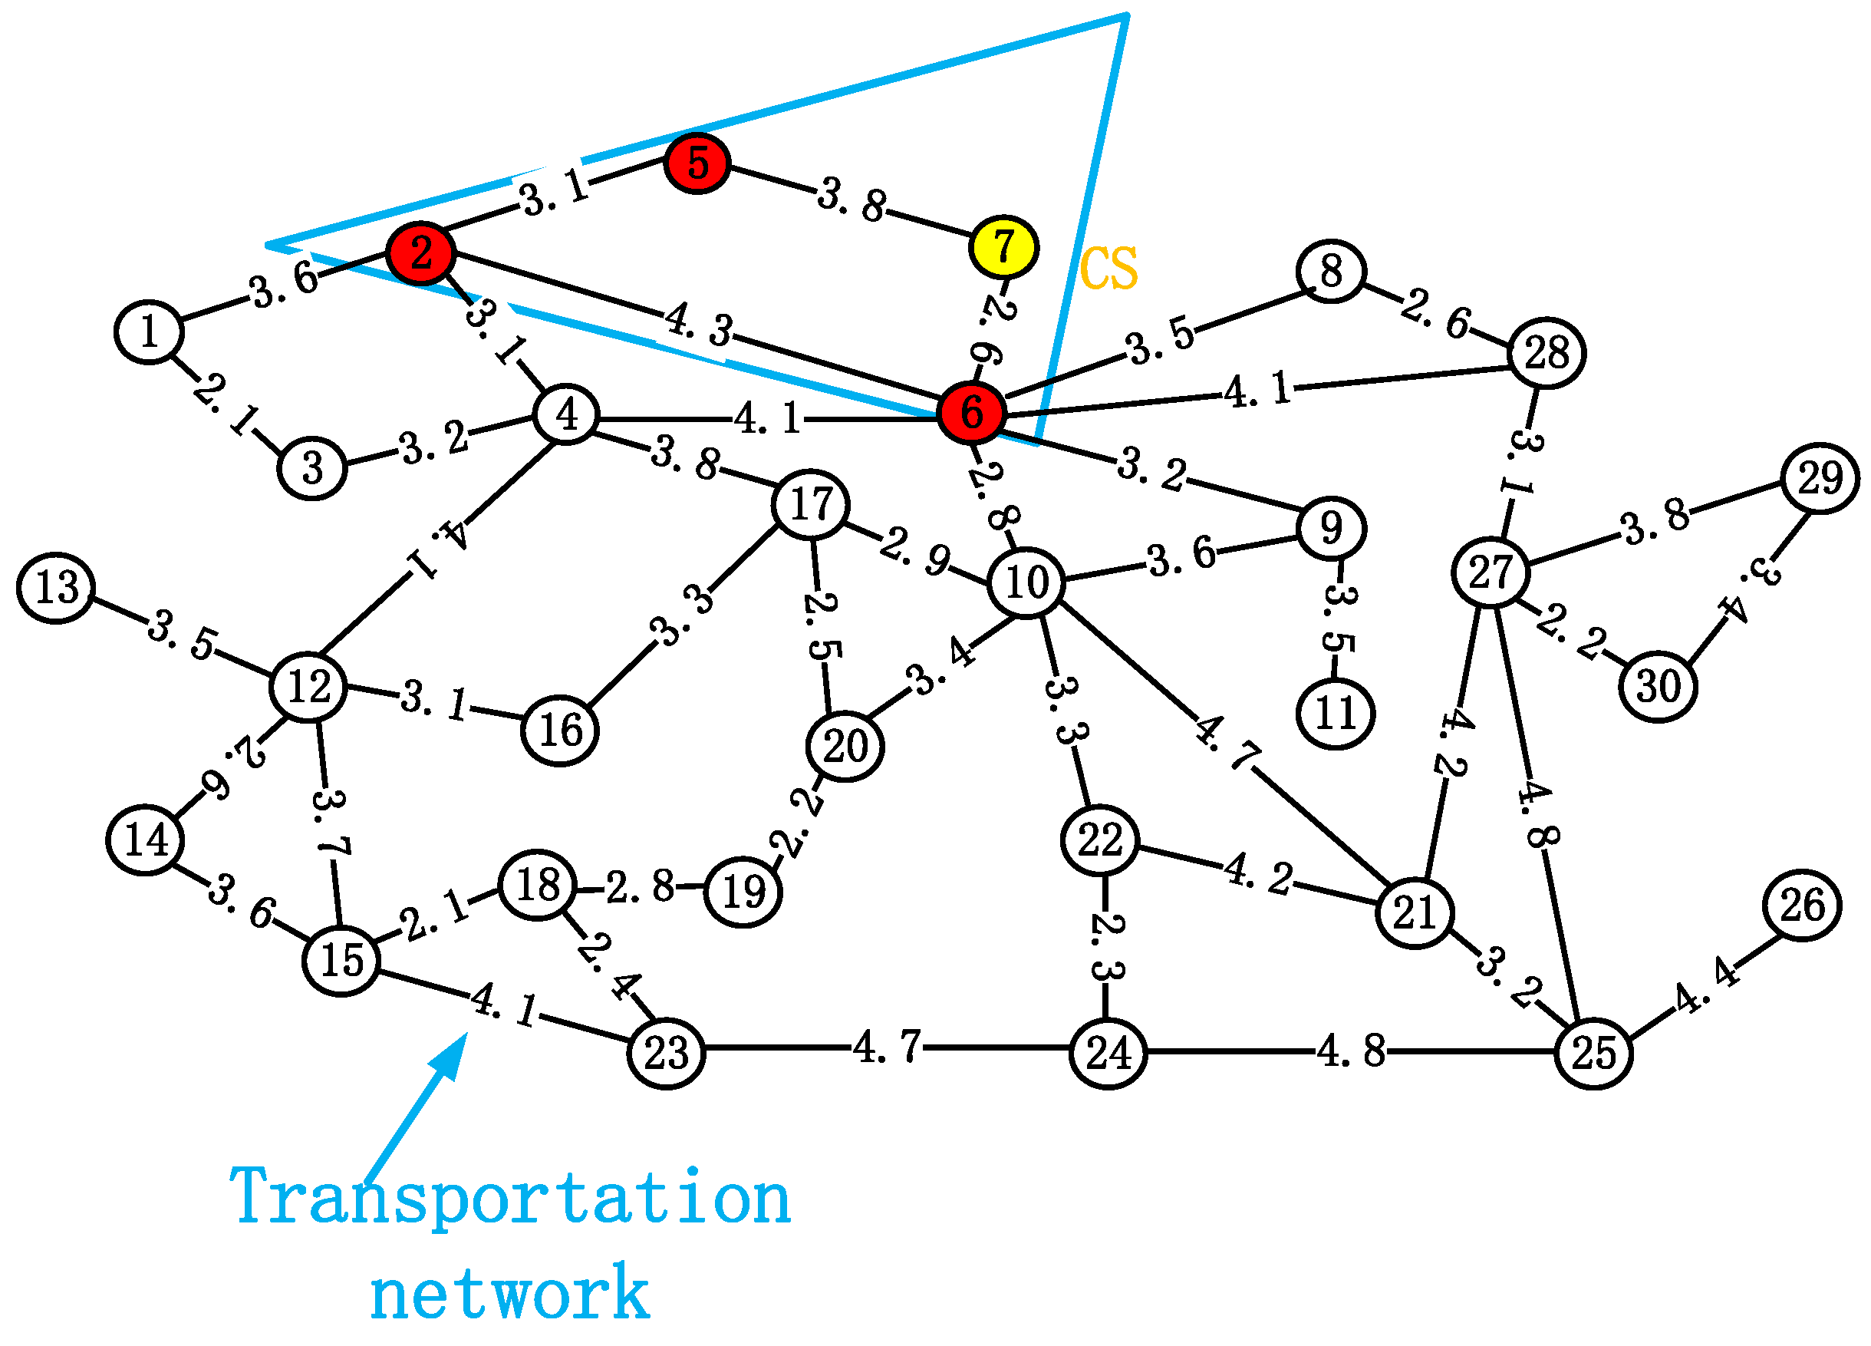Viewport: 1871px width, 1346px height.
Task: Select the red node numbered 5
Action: pos(697,163)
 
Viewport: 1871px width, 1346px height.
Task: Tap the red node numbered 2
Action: pos(420,252)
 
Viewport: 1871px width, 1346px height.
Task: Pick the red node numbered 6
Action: pos(972,412)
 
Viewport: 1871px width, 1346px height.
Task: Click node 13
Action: pos(56,588)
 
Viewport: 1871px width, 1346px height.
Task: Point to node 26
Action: pos(1802,906)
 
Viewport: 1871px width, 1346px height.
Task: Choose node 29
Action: pos(1820,478)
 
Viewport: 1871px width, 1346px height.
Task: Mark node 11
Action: pos(1336,713)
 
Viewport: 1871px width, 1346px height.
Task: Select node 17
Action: pos(811,504)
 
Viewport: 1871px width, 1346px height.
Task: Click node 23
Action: pos(666,1053)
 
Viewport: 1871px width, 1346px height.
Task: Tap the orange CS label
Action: pos(1108,269)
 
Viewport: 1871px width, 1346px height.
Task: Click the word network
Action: pos(510,1293)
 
